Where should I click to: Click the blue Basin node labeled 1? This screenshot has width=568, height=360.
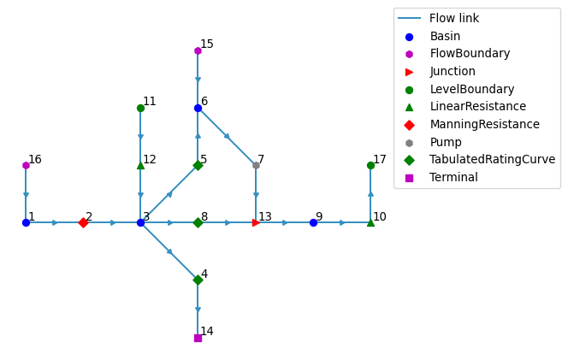pos(26,222)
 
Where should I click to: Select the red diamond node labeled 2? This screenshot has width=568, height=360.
pos(83,222)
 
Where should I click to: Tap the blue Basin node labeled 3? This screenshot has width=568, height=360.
pos(140,222)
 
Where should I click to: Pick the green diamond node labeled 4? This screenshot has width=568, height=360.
pos(198,280)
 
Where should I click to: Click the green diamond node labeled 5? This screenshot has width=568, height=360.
pos(198,166)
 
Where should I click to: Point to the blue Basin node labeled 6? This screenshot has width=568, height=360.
pos(198,108)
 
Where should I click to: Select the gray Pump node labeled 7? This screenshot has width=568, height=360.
pos(256,166)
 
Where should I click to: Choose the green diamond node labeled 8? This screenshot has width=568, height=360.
pos(198,222)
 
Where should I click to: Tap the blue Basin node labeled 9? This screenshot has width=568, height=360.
pos(313,222)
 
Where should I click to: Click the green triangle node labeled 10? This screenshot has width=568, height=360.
pos(370,222)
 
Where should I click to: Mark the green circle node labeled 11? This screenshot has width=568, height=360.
pos(140,108)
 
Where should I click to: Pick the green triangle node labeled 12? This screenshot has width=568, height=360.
pos(140,166)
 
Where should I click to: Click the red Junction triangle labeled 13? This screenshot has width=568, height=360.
pos(256,222)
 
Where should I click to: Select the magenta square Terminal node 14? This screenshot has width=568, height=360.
pos(198,338)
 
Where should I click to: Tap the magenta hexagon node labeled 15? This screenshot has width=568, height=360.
pos(198,50)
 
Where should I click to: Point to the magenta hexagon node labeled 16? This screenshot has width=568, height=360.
pos(26,166)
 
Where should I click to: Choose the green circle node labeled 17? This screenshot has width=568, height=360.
pos(370,166)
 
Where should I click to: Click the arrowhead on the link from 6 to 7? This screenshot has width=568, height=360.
pos(228,137)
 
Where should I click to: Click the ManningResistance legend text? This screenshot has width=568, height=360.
pos(485,124)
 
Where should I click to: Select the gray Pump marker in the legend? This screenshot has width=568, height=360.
pos(409,143)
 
